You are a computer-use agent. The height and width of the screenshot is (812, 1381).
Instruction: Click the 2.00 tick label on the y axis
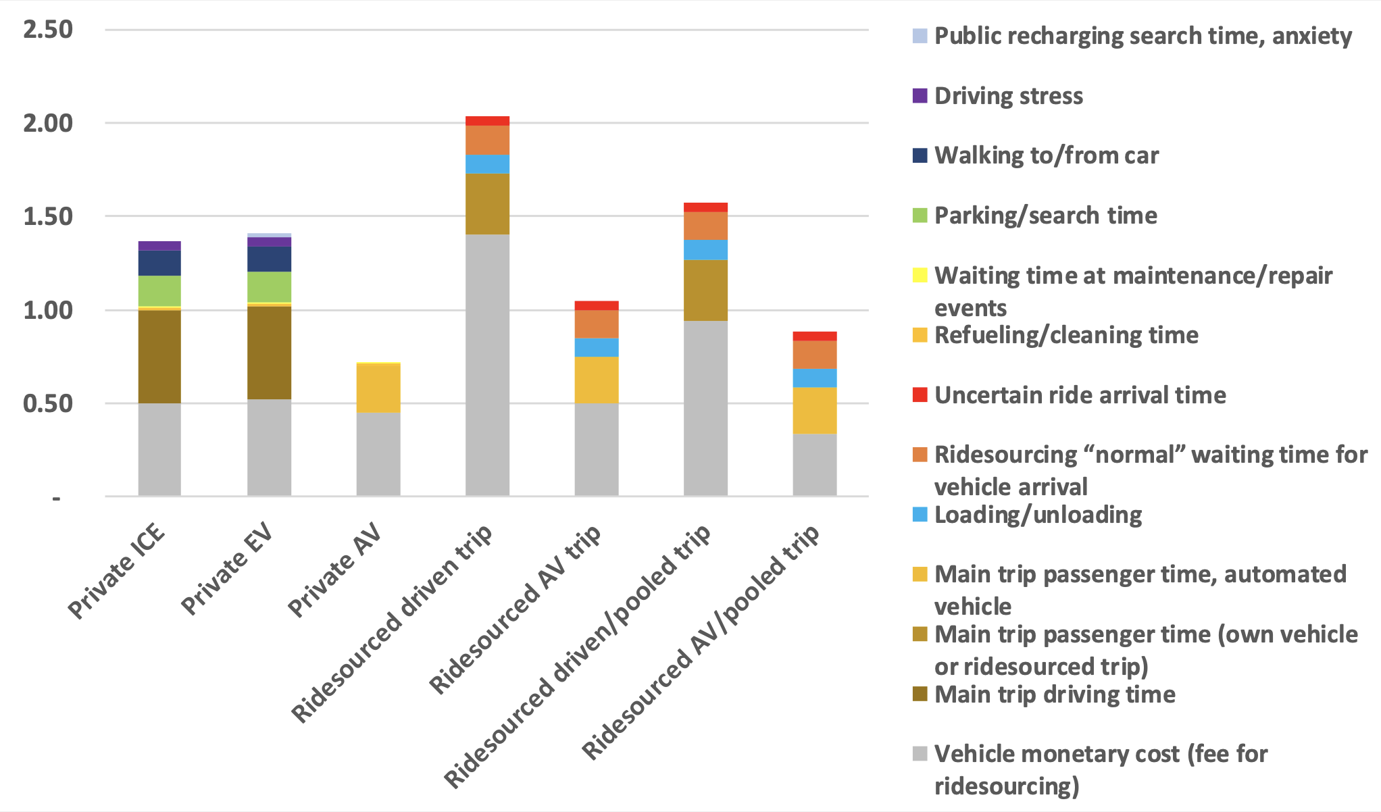[47, 124]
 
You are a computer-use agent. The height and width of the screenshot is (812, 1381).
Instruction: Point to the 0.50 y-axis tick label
[47, 404]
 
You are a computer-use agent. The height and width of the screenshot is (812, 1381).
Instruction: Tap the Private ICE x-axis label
[117, 571]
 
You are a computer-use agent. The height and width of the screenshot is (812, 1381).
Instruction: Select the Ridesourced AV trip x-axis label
[515, 609]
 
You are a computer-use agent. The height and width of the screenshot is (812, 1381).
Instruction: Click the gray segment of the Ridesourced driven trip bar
[487, 365]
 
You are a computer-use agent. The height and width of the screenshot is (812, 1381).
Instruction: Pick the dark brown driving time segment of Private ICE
[159, 357]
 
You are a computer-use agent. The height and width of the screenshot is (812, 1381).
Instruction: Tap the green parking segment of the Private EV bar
[269, 286]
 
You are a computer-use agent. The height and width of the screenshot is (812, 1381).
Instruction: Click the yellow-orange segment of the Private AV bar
[378, 388]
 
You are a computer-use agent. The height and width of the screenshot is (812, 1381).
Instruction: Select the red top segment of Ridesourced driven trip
[487, 121]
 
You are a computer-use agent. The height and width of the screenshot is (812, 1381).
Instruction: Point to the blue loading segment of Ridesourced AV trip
[597, 347]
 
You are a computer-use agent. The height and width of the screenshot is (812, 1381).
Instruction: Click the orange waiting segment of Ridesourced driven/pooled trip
[705, 226]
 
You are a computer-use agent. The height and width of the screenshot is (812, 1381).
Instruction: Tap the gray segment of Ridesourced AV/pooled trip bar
[814, 465]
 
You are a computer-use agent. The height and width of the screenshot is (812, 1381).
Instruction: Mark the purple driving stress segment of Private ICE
[159, 246]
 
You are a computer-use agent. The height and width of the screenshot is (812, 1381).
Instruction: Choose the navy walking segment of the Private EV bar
[269, 259]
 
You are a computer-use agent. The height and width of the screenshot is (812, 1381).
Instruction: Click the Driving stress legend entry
[1008, 96]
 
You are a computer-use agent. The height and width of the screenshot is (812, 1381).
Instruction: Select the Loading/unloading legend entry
[1038, 515]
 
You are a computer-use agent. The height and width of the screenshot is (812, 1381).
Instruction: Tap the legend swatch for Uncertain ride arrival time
[920, 395]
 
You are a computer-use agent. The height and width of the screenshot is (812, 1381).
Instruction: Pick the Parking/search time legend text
[1045, 215]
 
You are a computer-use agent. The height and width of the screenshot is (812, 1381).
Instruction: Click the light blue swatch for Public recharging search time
[920, 36]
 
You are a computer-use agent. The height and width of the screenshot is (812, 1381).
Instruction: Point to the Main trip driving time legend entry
[1054, 694]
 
